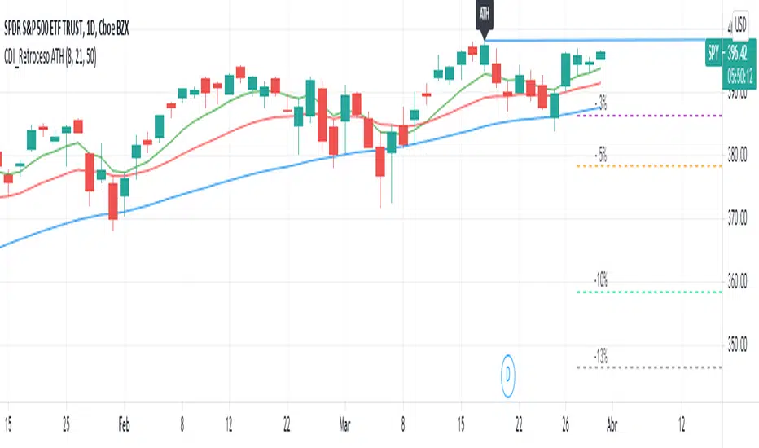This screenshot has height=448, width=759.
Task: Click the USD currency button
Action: pyautogui.click(x=741, y=24)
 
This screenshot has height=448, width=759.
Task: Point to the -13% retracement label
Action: pyautogui.click(x=601, y=356)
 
